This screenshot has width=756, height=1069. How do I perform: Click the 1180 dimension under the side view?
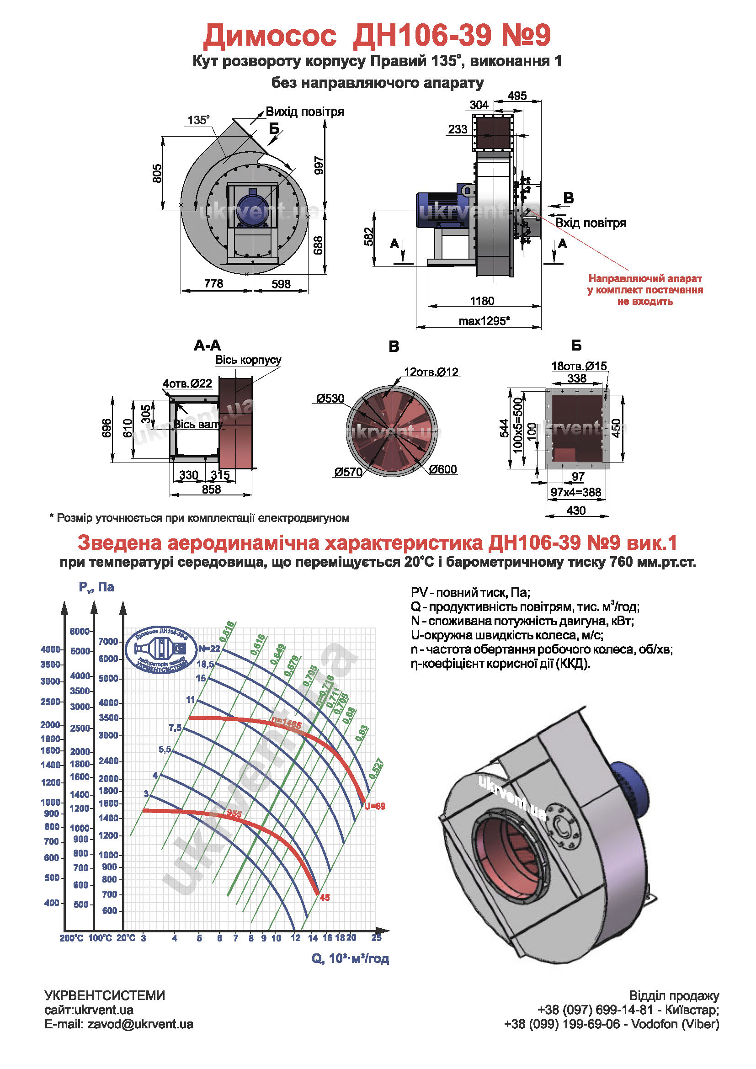[x=482, y=301]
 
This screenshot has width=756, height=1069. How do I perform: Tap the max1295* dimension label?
[x=484, y=321]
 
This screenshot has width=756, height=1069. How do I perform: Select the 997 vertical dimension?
[x=319, y=165]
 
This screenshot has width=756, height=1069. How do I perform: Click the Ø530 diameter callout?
[x=330, y=399]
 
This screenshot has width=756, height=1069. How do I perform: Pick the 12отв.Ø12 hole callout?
[x=431, y=372]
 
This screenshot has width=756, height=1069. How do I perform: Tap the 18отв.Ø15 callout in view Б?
[x=579, y=366]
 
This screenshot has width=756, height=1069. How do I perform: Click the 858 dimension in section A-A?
[x=211, y=489]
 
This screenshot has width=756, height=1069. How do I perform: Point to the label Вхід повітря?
[x=590, y=223]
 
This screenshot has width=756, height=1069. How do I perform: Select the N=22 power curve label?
[x=209, y=649]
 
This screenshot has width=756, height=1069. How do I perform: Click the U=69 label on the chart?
[x=375, y=806]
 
